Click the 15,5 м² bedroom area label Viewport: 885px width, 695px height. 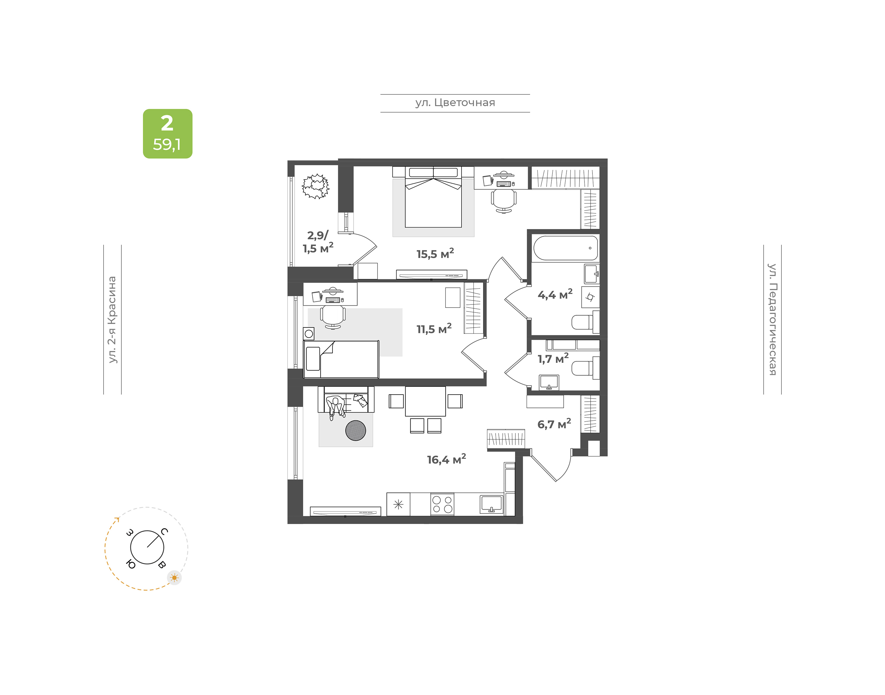pos(435,253)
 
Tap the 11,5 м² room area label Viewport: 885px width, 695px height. pos(434,328)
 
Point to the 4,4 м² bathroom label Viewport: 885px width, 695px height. pos(555,294)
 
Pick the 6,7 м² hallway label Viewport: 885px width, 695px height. pos(554,423)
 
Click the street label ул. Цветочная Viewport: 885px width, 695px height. pos(455,102)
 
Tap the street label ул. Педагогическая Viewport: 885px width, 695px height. pos(773,320)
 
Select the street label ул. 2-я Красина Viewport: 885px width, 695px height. pos(112,320)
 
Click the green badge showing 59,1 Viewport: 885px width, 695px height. pos(167,133)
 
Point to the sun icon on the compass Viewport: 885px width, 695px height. pos(175,578)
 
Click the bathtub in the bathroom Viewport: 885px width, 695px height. pos(565,248)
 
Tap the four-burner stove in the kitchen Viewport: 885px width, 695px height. pos(442,504)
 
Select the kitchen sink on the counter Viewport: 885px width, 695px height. pos(491,504)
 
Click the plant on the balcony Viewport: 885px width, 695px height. pos(316,186)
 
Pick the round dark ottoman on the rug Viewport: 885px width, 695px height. pos(356,431)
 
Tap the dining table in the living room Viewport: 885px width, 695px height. pos(425,401)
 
